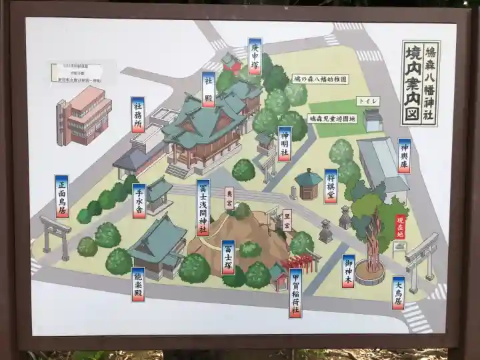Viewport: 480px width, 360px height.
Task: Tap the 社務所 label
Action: point(138,115)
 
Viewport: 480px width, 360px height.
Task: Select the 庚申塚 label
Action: point(255,56)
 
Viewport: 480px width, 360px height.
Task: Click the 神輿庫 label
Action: point(404,156)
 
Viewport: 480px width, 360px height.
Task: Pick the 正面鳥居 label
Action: point(62,196)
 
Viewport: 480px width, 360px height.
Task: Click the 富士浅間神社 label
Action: point(203,207)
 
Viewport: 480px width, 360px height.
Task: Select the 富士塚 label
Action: point(228,257)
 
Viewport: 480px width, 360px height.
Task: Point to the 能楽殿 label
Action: point(138,284)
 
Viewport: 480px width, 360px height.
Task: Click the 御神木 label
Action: point(347,272)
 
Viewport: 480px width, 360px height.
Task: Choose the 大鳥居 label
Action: point(398,293)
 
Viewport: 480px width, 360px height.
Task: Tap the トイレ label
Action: point(368,101)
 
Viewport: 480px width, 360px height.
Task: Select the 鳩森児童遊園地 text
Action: point(332,119)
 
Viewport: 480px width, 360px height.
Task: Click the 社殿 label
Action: point(208,89)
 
